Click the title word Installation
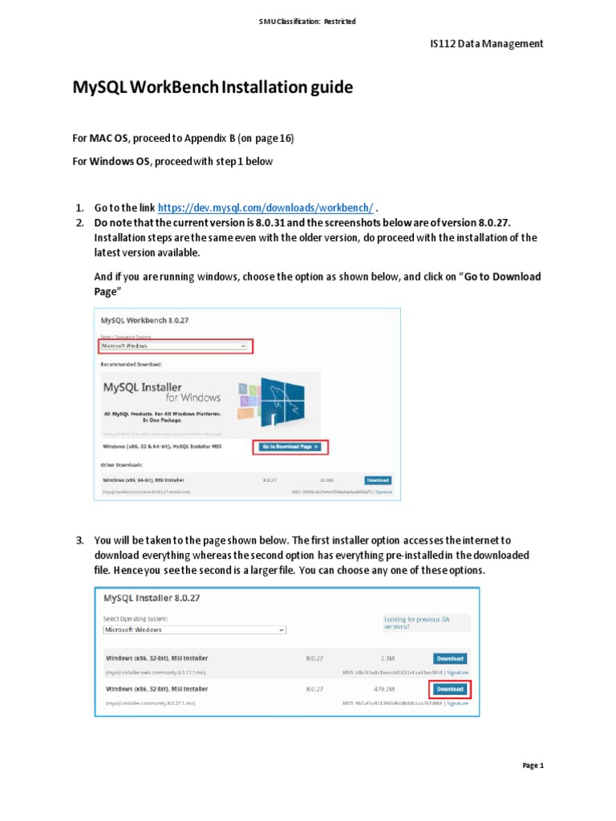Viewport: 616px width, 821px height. pyautogui.click(x=262, y=87)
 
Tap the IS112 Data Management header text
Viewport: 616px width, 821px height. pyautogui.click(x=487, y=43)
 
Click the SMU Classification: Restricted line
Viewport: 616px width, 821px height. pyautogui.click(x=308, y=22)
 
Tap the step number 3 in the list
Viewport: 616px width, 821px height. pyautogui.click(x=79, y=540)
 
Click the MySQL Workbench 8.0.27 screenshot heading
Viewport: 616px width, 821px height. pyautogui.click(x=145, y=321)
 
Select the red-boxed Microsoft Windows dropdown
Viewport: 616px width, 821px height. pyautogui.click(x=175, y=346)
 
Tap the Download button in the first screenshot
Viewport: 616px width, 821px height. pyautogui.click(x=378, y=480)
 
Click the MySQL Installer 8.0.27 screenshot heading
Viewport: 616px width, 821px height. pyautogui.click(x=152, y=598)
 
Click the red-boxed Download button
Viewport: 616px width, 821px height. pyautogui.click(x=449, y=689)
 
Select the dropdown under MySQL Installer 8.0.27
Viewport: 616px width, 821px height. pyautogui.click(x=194, y=630)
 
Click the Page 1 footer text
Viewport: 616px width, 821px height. pyautogui.click(x=533, y=766)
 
